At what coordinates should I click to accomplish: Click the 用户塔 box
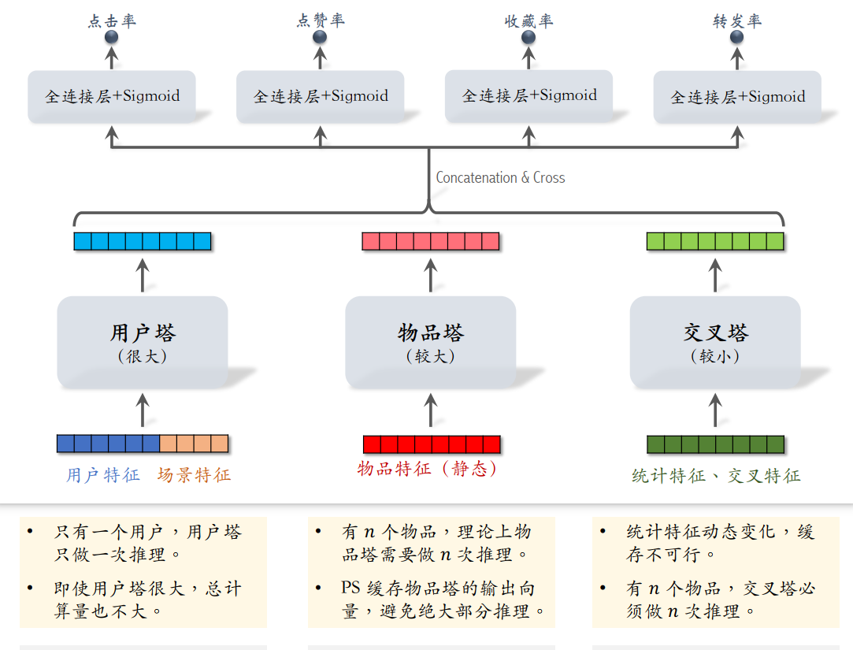[x=143, y=342]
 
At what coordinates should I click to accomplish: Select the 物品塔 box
[x=431, y=342]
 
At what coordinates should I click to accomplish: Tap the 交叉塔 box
[x=715, y=342]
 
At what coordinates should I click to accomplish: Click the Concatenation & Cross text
[x=500, y=178]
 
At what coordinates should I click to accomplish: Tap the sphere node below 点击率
[x=112, y=37]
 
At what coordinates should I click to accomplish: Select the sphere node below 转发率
[x=737, y=37]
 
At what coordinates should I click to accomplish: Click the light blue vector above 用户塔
[x=143, y=241]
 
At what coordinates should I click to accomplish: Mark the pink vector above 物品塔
[x=431, y=241]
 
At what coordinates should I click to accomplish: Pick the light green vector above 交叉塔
[x=715, y=241]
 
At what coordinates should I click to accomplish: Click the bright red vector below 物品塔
[x=432, y=444]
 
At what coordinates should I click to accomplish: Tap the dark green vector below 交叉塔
[x=715, y=444]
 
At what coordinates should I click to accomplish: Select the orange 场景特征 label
[x=194, y=475]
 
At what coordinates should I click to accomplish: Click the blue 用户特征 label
[x=103, y=475]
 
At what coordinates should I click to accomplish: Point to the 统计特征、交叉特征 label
[x=716, y=476]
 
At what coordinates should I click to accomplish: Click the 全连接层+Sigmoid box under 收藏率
[x=529, y=96]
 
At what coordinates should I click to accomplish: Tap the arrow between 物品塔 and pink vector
[x=431, y=274]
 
